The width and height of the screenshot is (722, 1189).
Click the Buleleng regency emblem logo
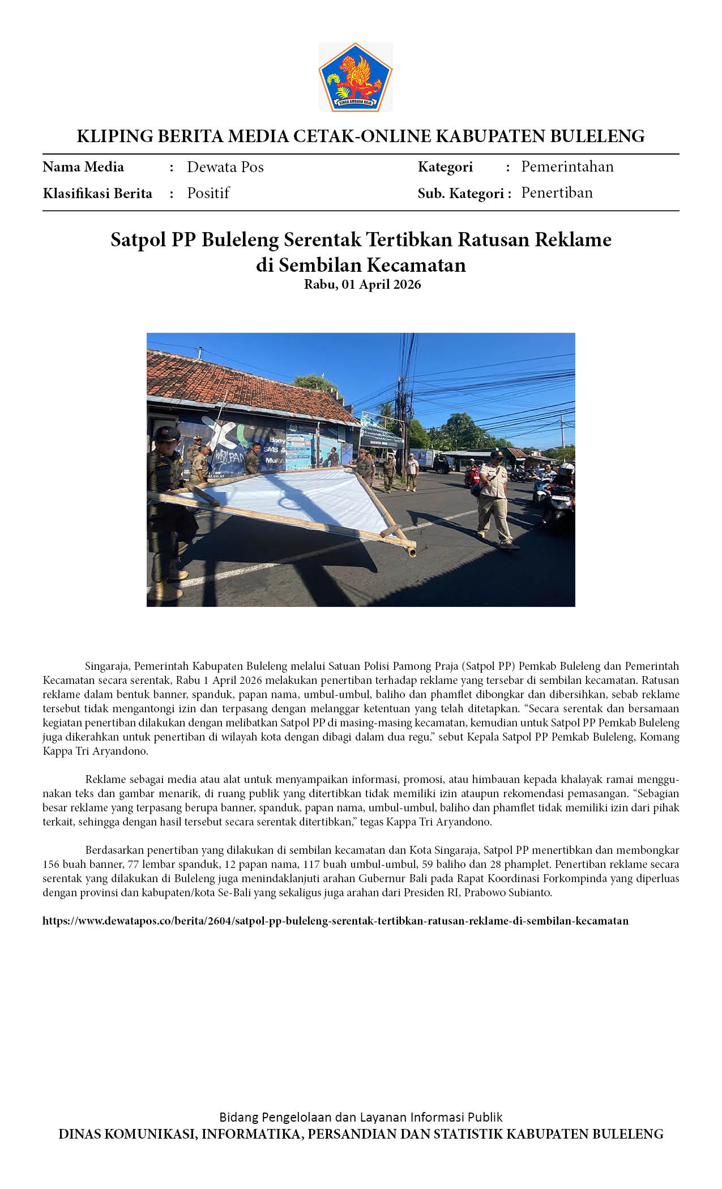pos(356,77)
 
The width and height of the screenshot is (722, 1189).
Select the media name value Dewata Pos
pos(225,167)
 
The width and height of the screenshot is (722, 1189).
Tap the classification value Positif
pos(208,193)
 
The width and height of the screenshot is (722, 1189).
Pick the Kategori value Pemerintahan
pos(567,166)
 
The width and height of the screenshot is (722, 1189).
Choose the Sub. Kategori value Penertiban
pos(557,193)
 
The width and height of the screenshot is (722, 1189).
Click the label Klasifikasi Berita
pos(97,194)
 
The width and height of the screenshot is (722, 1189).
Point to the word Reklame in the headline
pos(573,239)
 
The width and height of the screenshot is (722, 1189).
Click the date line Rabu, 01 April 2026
pos(362,284)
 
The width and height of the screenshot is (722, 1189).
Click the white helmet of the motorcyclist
pos(568,468)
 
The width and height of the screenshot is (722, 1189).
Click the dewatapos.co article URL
pos(335,921)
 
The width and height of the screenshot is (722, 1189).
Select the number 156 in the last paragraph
pos(50,865)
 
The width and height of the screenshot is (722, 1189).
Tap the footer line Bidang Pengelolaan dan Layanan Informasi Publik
pos(361,1117)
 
